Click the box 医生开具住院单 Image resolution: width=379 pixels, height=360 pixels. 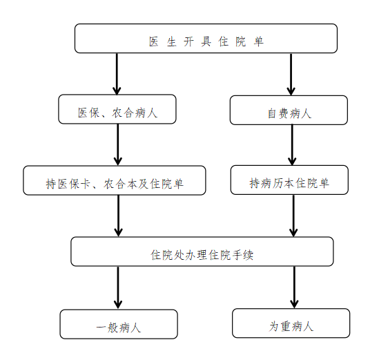(x=206, y=38)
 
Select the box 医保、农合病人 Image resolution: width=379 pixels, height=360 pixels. (x=117, y=109)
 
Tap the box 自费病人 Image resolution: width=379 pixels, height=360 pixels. (x=289, y=110)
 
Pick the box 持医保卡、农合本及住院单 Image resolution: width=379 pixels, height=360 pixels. (x=115, y=180)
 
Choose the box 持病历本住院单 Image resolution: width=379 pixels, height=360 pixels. (x=289, y=180)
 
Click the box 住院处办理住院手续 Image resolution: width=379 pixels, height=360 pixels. (x=202, y=252)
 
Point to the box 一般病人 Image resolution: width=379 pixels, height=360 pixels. (x=119, y=324)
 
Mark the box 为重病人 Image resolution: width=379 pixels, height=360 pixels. (x=291, y=323)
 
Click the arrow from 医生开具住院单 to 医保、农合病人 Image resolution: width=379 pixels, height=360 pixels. (x=117, y=74)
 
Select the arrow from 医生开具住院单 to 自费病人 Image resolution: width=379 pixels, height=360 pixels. (x=291, y=74)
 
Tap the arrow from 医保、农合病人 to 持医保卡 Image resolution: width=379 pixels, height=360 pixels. (x=118, y=144)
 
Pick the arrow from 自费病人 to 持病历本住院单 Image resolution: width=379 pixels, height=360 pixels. (x=292, y=145)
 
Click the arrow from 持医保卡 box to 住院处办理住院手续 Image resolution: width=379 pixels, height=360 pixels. (x=119, y=216)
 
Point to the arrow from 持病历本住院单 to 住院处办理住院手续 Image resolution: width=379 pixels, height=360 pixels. (x=293, y=216)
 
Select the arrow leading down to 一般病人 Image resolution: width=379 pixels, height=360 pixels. (x=118, y=287)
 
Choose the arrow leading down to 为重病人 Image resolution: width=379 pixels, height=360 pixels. (x=294, y=287)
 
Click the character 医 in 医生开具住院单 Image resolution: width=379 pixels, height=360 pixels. (x=153, y=41)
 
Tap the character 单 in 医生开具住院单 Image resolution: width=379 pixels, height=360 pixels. (x=259, y=41)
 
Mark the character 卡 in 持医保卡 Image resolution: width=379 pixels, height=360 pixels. (x=85, y=184)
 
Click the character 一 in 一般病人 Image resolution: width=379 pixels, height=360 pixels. (x=101, y=328)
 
